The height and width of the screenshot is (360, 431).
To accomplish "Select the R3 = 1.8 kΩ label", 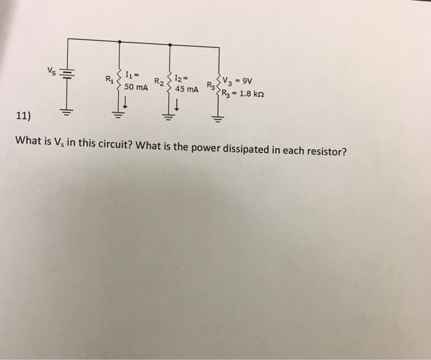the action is (x=246, y=94).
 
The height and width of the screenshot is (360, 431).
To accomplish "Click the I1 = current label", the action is (x=132, y=76).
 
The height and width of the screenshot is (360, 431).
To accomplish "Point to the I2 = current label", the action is (x=182, y=78).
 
